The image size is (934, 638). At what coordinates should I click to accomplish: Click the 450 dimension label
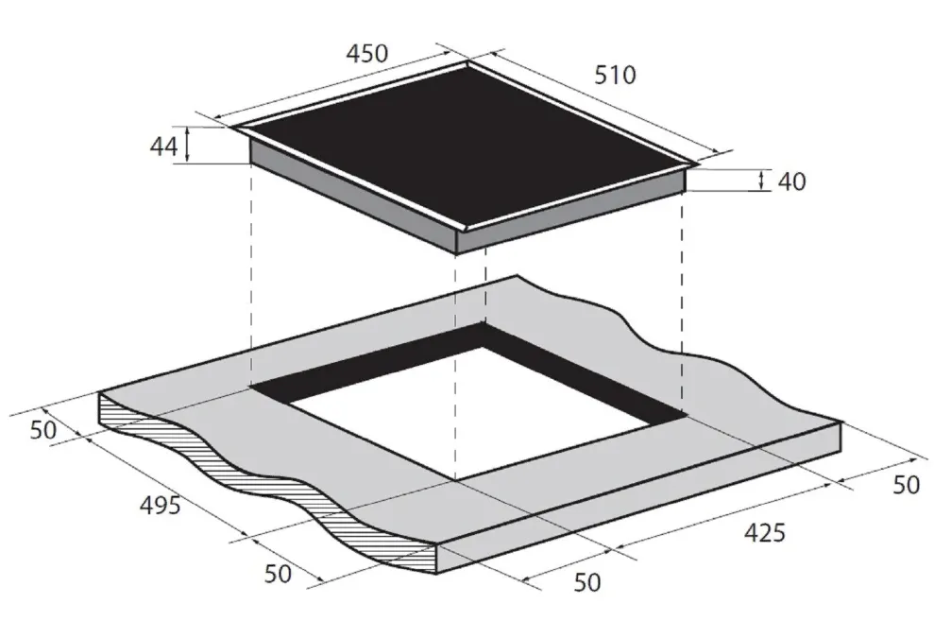[367, 54]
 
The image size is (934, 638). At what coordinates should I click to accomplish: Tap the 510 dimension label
[616, 75]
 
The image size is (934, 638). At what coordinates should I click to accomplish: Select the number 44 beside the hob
[163, 147]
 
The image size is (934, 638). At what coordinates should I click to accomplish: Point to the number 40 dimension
[791, 181]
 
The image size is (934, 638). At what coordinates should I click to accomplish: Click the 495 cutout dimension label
[160, 506]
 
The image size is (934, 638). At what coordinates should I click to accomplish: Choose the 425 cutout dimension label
[765, 532]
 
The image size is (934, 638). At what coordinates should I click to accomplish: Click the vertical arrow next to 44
[188, 145]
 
